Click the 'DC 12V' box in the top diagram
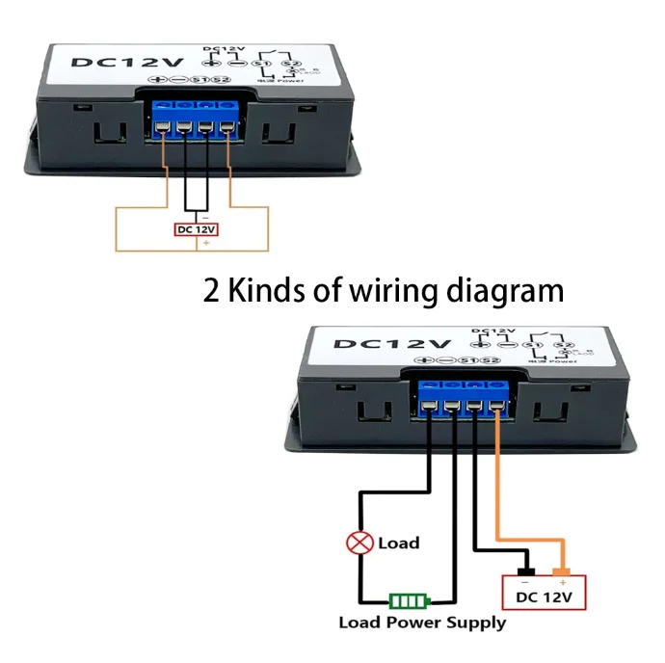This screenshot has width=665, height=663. pos(196,229)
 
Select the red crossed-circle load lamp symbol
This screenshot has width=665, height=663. pos(360,544)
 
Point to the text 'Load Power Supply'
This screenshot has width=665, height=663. pos(422,623)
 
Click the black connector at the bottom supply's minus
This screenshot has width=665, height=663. pos(526,564)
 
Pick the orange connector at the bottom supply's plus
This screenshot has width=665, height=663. pos(563,564)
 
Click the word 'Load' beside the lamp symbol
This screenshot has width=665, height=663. pos(399,544)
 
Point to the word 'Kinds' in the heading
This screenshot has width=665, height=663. pos(271,290)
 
